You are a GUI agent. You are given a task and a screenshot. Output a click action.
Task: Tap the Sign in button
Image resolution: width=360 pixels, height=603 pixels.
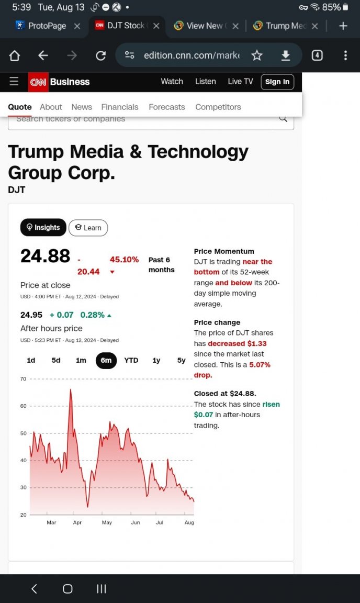click(x=277, y=82)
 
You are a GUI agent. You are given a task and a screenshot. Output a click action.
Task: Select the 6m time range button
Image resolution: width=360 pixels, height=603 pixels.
click(x=106, y=360)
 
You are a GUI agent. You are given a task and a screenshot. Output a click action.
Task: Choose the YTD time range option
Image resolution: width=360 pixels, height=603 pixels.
click(x=131, y=360)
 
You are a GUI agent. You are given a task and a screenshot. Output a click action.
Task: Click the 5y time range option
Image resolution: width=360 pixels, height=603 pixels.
click(x=181, y=360)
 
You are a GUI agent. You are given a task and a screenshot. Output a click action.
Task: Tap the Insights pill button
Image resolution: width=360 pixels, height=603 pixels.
click(x=43, y=227)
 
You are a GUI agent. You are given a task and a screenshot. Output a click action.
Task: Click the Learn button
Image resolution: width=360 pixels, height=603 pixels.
click(x=88, y=228)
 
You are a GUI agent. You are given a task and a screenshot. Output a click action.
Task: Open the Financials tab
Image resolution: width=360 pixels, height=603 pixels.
click(x=120, y=107)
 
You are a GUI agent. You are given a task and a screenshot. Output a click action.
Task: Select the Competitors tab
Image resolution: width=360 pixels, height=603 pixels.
click(x=218, y=107)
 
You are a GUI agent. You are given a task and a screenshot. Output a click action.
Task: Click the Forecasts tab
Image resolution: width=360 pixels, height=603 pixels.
click(x=167, y=107)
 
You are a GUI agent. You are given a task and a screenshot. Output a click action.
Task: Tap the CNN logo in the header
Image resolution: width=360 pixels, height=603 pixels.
click(x=38, y=82)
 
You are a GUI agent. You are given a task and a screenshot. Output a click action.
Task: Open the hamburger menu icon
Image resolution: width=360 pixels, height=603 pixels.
click(x=14, y=81)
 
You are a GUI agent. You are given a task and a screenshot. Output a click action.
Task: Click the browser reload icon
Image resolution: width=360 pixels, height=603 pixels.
click(x=101, y=56)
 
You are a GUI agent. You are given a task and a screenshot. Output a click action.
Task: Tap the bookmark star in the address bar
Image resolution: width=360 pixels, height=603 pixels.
click(x=257, y=56)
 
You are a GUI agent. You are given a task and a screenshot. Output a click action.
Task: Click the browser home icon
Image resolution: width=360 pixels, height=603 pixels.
click(x=15, y=56)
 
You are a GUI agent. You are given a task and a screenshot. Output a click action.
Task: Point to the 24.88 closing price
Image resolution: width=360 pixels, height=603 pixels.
click(x=46, y=256)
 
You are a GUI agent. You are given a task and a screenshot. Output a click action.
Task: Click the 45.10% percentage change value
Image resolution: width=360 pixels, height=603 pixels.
click(x=124, y=260)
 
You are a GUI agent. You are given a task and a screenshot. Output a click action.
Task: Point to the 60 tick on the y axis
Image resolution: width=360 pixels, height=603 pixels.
click(x=24, y=406)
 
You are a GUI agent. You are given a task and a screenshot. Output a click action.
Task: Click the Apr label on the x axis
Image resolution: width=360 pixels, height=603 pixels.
click(x=77, y=522)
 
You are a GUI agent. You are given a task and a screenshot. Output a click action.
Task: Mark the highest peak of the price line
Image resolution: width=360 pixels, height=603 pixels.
click(x=71, y=389)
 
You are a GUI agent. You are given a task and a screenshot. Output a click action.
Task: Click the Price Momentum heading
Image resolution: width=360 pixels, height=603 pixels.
click(x=224, y=251)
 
